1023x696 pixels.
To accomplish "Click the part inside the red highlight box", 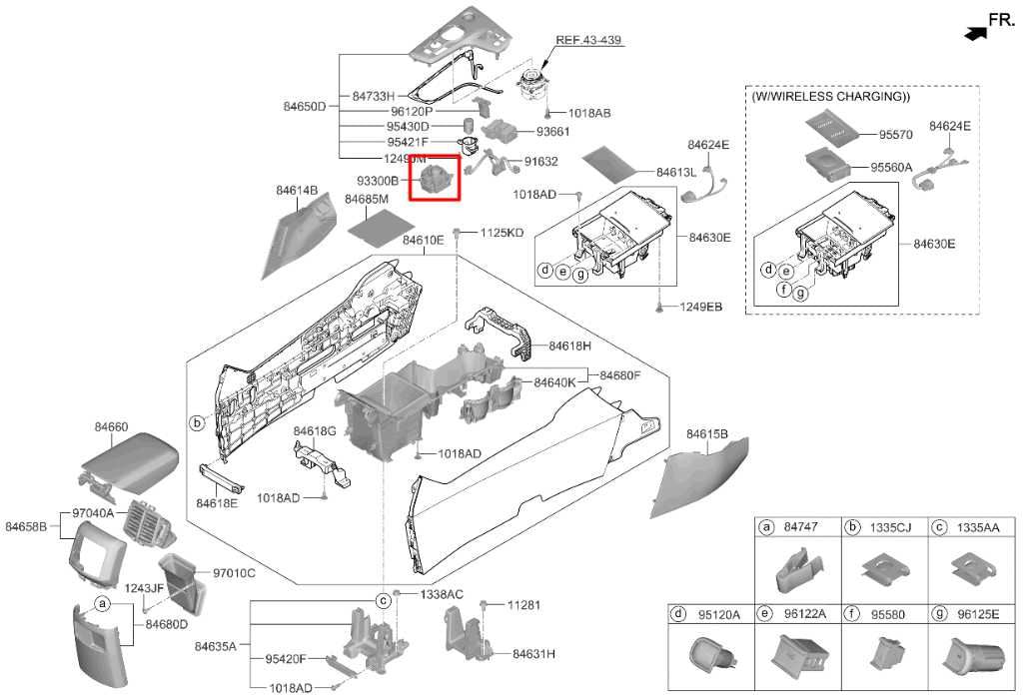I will click(435, 180).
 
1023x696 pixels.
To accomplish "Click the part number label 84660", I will click(111, 426).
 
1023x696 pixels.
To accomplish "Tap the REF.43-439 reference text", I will click(588, 40).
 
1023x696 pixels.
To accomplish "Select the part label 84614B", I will click(297, 190).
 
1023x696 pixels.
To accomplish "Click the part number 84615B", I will click(707, 433).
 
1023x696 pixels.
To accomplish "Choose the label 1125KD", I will click(501, 233).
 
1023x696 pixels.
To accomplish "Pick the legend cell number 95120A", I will click(718, 614).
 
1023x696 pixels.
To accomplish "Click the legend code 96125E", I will click(976, 614).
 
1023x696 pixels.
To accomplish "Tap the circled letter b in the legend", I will click(854, 527).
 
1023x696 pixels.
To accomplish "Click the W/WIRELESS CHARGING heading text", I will click(830, 98).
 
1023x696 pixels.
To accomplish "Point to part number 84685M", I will click(366, 200).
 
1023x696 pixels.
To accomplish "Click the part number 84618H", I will click(569, 346).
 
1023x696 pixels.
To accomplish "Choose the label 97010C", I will click(234, 573).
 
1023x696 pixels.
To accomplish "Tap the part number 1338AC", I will click(441, 593).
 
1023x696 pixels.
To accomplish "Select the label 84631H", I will click(533, 654).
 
